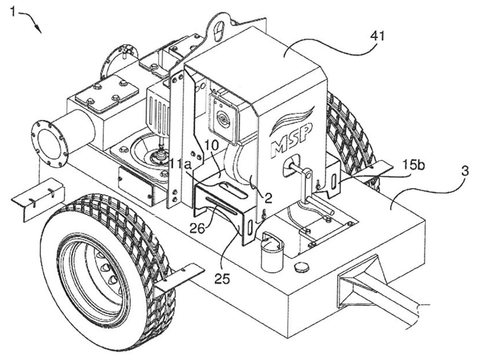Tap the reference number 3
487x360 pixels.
point(464,171)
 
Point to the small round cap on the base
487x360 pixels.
point(301,267)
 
